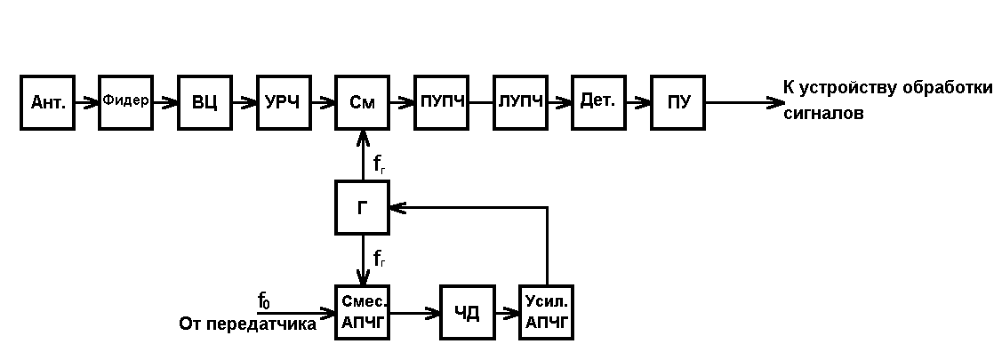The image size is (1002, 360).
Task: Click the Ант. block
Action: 47,102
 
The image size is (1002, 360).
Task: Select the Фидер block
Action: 125,101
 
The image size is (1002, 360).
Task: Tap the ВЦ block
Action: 204,102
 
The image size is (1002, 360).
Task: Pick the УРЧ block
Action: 284,102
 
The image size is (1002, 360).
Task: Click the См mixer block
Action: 362,102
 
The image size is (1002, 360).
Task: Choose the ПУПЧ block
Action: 441,102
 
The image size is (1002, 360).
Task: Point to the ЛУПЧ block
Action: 519,102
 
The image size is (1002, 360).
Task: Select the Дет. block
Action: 598,102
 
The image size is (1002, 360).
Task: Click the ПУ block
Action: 677,102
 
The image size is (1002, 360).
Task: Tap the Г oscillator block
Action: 362,207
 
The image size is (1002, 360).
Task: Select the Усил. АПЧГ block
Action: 546,312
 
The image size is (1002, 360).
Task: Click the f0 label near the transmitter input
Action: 264,301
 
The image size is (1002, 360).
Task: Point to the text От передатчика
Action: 247,324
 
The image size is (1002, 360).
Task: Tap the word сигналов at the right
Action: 823,114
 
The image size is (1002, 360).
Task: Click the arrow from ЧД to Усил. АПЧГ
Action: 507,312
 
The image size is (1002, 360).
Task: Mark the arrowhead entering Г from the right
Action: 397,207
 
